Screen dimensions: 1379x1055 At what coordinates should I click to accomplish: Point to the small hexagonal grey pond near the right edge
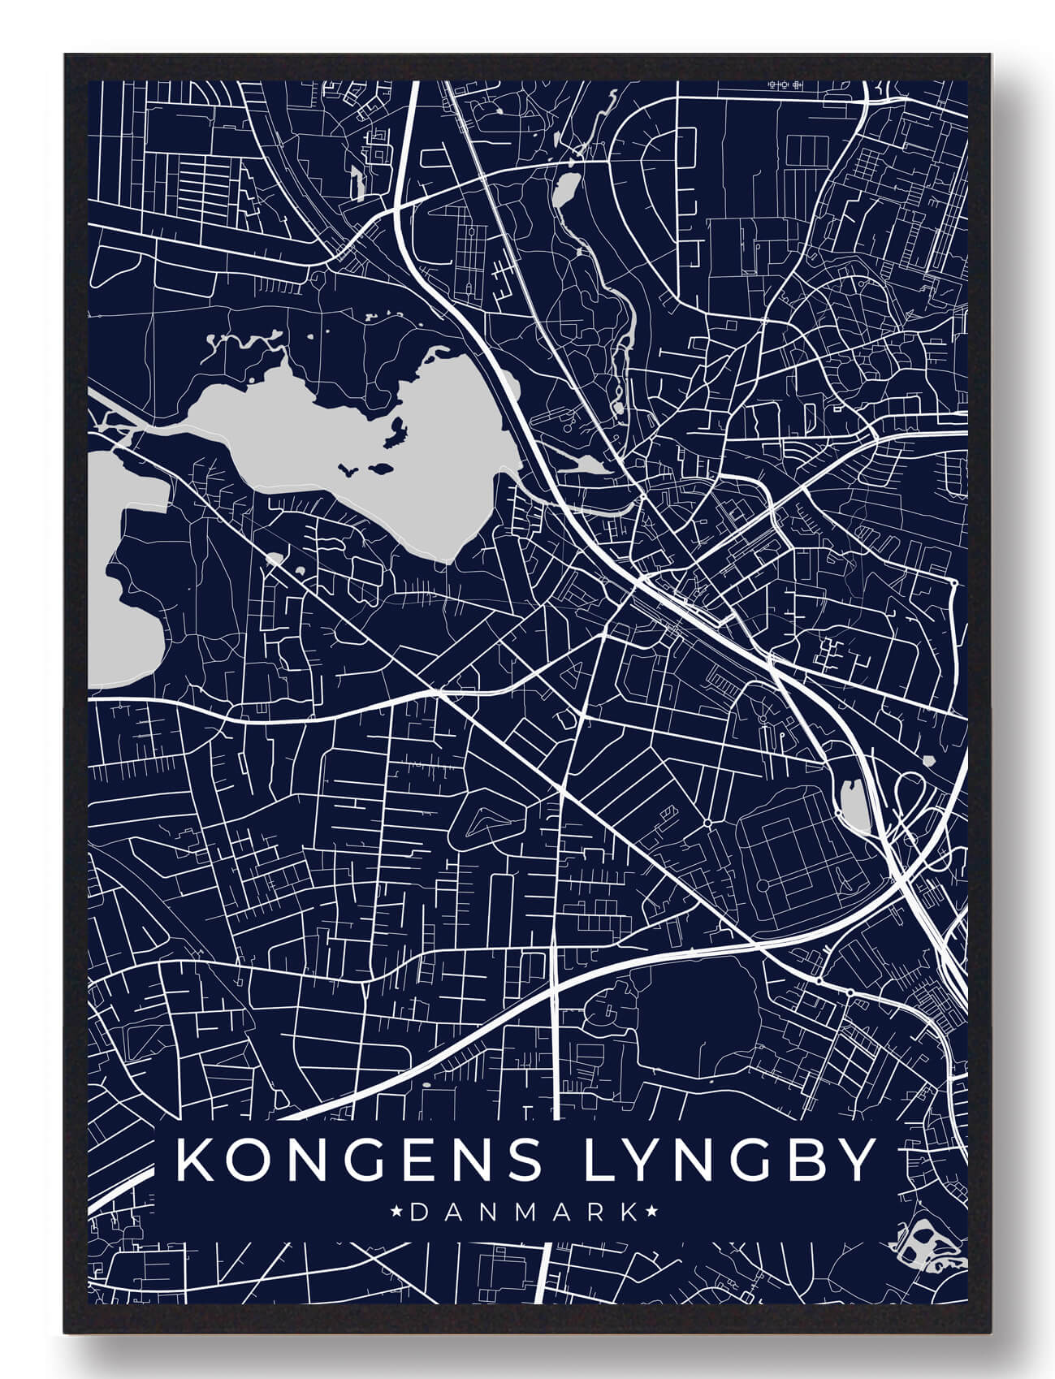pyautogui.click(x=931, y=759)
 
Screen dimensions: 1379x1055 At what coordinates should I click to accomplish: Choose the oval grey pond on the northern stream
pyautogui.click(x=565, y=192)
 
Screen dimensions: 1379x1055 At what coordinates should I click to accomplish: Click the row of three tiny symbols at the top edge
pyautogui.click(x=785, y=84)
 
